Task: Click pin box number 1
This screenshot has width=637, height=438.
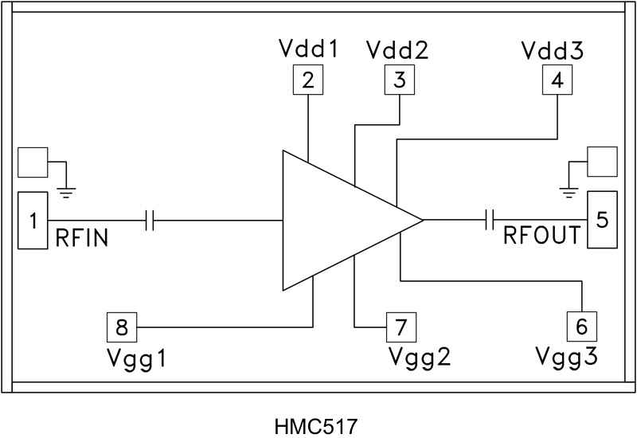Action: click(33, 221)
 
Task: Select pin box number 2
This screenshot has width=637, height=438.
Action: click(308, 80)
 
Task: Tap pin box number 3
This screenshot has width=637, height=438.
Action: click(400, 80)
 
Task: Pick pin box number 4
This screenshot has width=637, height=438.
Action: click(557, 80)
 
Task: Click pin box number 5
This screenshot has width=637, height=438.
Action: click(602, 219)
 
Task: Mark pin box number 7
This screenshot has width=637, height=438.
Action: click(401, 326)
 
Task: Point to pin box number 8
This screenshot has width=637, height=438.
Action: click(122, 326)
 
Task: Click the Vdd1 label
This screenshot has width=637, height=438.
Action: click(309, 51)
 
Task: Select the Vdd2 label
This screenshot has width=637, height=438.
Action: click(398, 51)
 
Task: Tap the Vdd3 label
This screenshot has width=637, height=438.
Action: click(553, 51)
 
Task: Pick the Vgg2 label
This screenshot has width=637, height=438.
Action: click(420, 355)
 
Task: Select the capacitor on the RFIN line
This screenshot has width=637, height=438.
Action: click(150, 221)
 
